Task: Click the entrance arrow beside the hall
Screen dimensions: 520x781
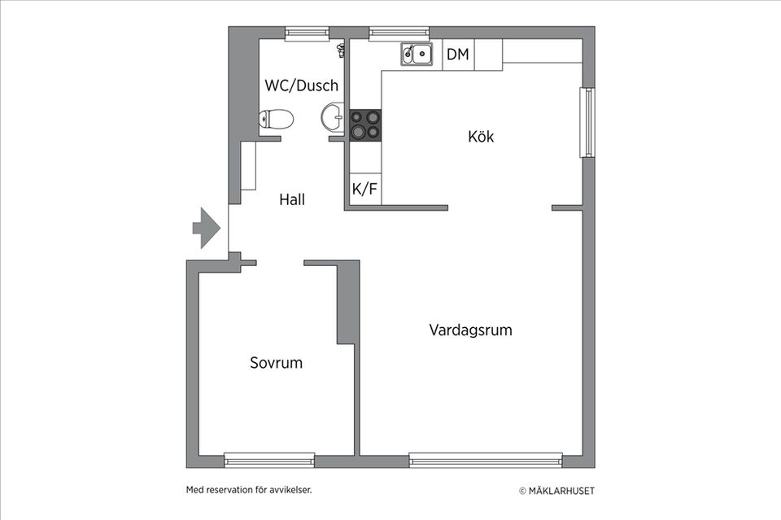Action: [206, 229]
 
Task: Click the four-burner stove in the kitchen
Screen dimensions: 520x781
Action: [364, 125]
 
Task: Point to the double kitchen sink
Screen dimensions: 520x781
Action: [416, 55]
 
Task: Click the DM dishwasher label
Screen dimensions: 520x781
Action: [458, 55]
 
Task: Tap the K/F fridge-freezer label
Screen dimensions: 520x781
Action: [364, 190]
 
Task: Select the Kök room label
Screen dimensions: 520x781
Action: [481, 136]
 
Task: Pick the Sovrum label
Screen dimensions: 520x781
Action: [276, 363]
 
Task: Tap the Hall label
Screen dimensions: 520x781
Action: [292, 199]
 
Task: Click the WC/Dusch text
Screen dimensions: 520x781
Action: [301, 85]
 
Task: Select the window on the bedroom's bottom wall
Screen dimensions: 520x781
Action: [269, 460]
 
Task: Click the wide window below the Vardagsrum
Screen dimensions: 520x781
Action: [486, 461]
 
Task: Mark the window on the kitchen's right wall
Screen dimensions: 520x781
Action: [587, 122]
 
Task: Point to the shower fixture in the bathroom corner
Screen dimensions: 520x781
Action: [340, 50]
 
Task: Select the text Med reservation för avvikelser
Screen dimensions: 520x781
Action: [249, 490]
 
